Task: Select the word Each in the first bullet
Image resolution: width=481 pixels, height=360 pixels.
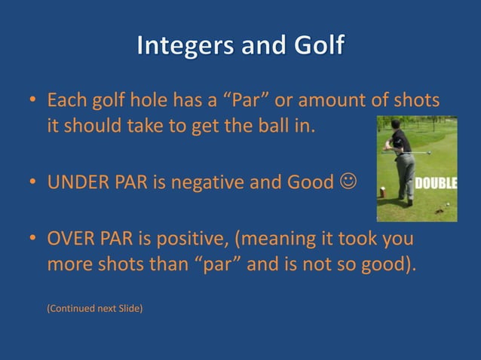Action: pyautogui.click(x=66, y=100)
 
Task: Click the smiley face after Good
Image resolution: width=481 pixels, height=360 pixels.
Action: pyautogui.click(x=349, y=182)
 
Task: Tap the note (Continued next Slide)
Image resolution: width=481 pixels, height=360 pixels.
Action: pyautogui.click(x=94, y=307)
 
